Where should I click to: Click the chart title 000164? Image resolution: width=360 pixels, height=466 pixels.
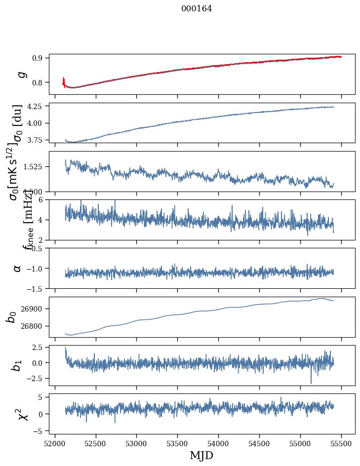pyautogui.click(x=197, y=8)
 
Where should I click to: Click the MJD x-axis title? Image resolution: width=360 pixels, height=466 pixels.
pyautogui.click(x=201, y=455)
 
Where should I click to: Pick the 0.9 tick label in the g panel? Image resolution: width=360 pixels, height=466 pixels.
pyautogui.click(x=40, y=58)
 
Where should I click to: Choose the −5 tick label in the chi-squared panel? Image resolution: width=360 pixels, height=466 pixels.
pyautogui.click(x=39, y=431)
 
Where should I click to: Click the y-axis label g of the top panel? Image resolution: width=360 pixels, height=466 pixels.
pyautogui.click(x=21, y=74)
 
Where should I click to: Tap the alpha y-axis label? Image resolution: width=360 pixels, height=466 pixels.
pyautogui.click(x=17, y=268)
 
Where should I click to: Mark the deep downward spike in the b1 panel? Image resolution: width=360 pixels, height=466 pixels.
pyautogui.click(x=311, y=382)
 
